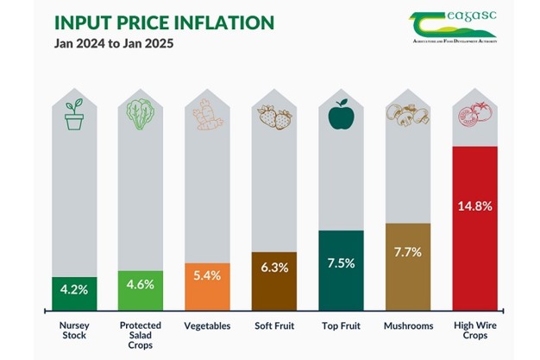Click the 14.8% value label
(x=475, y=206)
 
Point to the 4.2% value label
(x=73, y=287)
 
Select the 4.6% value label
(x=139, y=284)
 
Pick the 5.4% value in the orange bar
(x=207, y=275)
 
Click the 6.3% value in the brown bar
(x=274, y=268)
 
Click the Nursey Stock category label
(x=73, y=332)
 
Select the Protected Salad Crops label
(x=140, y=336)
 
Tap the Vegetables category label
(x=207, y=326)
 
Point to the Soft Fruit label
(x=274, y=326)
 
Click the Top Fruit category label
(x=342, y=326)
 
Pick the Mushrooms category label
(x=408, y=326)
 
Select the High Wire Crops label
(x=475, y=332)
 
